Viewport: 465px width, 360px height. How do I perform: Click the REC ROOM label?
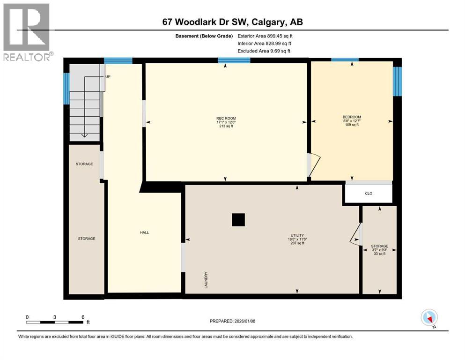pos(225,117)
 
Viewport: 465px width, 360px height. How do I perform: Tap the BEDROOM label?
pos(352,117)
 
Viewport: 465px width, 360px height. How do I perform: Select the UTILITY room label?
pos(297,235)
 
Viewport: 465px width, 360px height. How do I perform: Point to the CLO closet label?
pos(369,194)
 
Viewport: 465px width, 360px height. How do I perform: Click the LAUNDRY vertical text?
pos(206,280)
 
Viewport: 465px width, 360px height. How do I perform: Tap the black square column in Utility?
pos(238,220)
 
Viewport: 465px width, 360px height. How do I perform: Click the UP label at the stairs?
pos(108,76)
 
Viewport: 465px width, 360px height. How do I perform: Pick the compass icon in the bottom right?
pos(429,318)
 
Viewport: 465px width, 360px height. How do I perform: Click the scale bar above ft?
pos(55,322)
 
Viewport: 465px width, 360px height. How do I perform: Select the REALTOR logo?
pos(27,32)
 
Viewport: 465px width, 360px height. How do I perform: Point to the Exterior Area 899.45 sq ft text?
pos(265,36)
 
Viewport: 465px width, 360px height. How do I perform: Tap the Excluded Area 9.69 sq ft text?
pos(264,51)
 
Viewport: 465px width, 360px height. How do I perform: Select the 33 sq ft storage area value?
pos(379,254)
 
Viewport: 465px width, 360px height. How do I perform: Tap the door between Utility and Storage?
pos(357,234)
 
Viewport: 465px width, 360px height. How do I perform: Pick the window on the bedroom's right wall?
pos(397,81)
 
